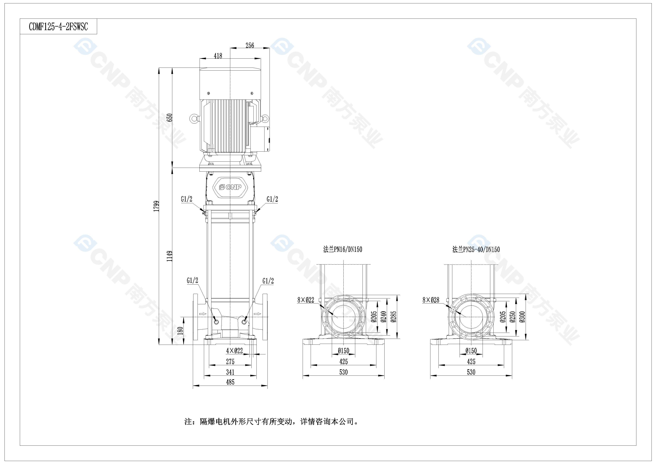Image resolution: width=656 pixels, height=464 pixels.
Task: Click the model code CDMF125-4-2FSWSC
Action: point(58,27)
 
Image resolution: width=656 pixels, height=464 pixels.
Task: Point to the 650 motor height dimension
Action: point(170,118)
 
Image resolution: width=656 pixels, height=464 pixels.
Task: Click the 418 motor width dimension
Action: point(218,56)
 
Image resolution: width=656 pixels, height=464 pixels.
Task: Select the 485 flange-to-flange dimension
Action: point(230,382)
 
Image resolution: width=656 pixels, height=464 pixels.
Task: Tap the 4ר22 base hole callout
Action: point(234,351)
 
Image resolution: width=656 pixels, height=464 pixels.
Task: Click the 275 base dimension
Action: point(230,361)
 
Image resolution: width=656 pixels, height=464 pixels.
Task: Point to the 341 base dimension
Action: point(230,372)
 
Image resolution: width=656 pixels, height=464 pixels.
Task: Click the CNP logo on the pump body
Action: point(230,187)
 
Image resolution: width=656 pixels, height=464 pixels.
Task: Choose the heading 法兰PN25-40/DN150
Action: point(476,249)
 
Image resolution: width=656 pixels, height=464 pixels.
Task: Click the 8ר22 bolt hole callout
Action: point(305,300)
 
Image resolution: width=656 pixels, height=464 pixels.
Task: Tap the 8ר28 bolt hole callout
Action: point(431,300)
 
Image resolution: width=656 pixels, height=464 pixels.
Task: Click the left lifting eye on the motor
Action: point(194,119)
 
